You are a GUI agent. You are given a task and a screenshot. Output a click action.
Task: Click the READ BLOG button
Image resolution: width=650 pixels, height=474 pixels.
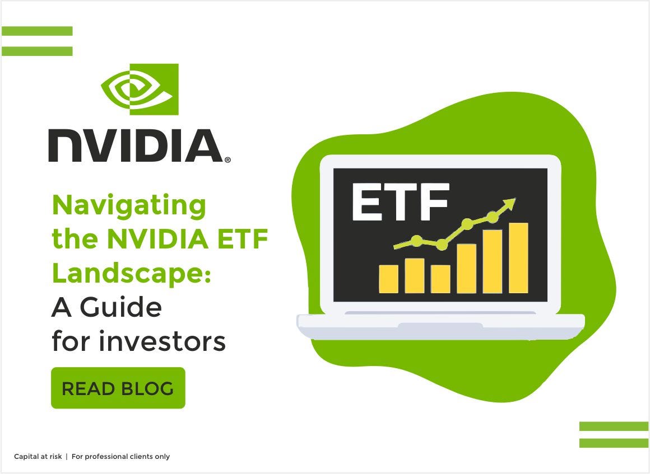coord(118,388)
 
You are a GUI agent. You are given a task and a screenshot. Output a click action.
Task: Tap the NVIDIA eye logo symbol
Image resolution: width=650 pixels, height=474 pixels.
coord(140,90)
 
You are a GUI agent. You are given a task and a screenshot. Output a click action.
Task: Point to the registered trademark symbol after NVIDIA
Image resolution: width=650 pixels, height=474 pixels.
coord(227,159)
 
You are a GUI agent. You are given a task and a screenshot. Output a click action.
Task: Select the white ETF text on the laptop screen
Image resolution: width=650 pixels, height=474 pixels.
coord(400,201)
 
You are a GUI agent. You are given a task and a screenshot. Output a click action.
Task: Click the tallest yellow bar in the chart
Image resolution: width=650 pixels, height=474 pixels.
coord(518,258)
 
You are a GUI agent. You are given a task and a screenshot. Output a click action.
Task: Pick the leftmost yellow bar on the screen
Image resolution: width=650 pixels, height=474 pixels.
coord(388,279)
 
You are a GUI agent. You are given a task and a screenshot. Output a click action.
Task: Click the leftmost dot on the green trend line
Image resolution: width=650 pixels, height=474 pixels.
coord(416,241)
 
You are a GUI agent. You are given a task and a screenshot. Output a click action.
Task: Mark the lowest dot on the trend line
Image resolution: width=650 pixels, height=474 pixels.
coord(442,245)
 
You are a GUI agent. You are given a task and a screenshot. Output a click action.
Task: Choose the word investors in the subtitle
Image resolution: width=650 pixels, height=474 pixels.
coord(162,341)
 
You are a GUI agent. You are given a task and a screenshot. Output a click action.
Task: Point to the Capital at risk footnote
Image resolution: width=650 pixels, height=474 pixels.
coord(38,457)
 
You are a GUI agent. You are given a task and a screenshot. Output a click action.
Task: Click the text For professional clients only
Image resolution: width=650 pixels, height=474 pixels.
coord(120,457)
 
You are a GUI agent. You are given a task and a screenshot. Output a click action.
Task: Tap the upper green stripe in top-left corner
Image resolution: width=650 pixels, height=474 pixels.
coord(37,31)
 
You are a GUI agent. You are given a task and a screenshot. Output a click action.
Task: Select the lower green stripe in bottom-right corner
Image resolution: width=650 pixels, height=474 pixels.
coord(614,443)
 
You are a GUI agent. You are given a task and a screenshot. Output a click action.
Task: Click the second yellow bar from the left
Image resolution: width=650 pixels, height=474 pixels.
coord(414,275)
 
